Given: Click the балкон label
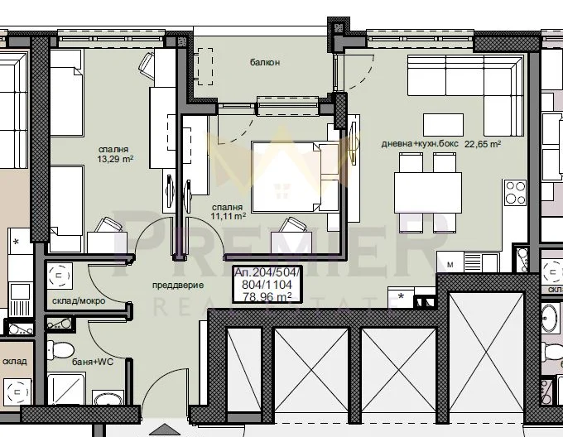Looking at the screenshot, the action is (265, 62).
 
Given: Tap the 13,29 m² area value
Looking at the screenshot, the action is (115, 159).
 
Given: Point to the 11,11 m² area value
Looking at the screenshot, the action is (229, 216).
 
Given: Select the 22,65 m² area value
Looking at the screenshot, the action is (483, 144).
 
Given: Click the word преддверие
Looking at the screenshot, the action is (178, 286).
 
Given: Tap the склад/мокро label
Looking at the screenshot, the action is (79, 300).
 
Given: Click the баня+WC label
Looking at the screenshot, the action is (93, 362).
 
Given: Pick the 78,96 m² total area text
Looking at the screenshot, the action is (267, 297).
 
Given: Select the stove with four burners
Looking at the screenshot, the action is (515, 193).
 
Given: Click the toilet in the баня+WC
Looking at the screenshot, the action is (60, 350).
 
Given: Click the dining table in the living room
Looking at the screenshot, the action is (428, 193).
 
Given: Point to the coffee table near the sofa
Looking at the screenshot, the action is (443, 124).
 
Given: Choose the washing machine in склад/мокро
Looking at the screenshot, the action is (60, 276).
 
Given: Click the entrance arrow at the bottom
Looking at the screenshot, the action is (165, 430).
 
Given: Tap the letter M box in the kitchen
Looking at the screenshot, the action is (450, 264).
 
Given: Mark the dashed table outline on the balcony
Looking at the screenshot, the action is (205, 67).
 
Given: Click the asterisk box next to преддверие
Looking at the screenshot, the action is (401, 297).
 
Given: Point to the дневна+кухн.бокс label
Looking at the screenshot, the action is (420, 143).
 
